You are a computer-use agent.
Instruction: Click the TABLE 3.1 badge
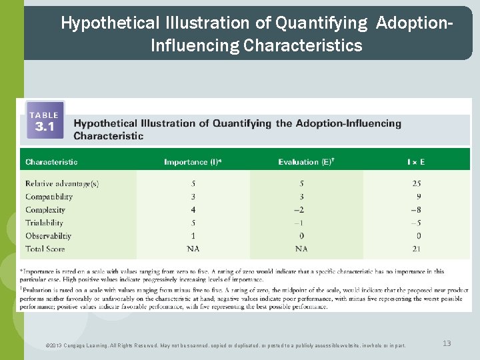point(45,120)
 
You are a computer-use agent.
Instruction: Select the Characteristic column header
point(51,162)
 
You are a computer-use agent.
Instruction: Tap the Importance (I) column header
point(193,162)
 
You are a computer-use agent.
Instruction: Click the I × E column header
point(416,162)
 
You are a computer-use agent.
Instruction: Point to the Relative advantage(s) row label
point(62,183)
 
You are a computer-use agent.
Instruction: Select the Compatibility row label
point(49,197)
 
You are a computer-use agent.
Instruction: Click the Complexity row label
point(45,210)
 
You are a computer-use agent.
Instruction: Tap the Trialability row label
point(44,223)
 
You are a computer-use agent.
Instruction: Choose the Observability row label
point(49,236)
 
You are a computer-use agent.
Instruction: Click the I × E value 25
point(417,183)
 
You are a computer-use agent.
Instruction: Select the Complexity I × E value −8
point(416,210)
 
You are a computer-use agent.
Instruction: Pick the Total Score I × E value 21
point(417,249)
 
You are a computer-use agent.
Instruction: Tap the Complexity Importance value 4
point(193,210)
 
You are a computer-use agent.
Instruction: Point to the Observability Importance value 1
point(193,236)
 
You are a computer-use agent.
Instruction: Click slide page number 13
point(447,343)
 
